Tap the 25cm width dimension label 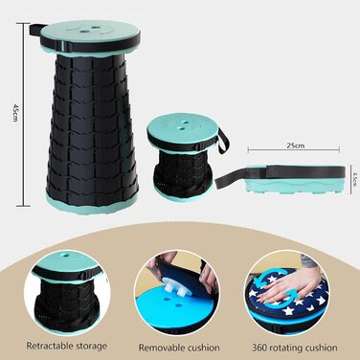(295, 146)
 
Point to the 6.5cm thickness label (354, 179)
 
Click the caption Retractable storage (67, 346)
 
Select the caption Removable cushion (179, 348)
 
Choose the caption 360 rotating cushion (295, 348)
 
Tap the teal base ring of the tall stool (92, 202)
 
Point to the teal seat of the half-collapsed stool (184, 127)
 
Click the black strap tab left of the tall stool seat (35, 31)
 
